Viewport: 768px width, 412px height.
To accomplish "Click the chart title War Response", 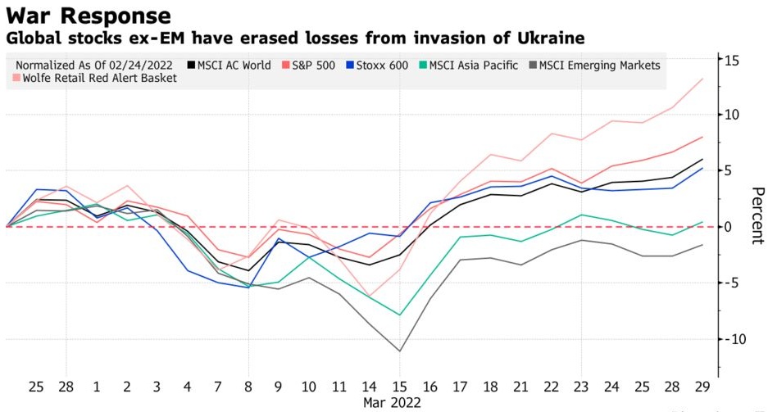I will [89, 15].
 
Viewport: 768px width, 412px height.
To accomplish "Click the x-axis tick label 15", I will [398, 385].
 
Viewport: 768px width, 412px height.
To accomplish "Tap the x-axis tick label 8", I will [248, 385].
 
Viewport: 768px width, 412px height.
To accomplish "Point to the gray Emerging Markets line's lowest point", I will [399, 351].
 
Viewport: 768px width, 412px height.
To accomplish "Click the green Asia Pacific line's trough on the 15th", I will [399, 315].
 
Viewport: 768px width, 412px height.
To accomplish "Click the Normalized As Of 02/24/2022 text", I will [98, 65].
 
